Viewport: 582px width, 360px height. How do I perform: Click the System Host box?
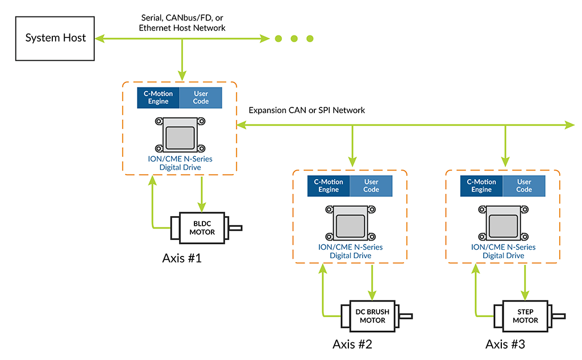click(55, 38)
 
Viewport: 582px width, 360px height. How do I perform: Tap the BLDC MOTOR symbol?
click(202, 227)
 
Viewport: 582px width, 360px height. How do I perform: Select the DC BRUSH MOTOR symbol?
click(372, 316)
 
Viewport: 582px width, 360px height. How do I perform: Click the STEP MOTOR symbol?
click(525, 316)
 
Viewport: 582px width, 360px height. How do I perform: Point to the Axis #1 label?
click(182, 259)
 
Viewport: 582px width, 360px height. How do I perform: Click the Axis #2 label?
click(352, 345)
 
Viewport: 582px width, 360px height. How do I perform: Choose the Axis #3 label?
click(505, 345)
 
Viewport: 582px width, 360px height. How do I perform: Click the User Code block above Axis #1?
click(201, 97)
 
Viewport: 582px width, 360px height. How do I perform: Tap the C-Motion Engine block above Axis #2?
click(328, 186)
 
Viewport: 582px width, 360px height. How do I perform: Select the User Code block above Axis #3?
click(523, 186)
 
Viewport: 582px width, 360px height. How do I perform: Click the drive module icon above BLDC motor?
click(180, 135)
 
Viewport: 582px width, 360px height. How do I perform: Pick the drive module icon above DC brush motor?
click(350, 223)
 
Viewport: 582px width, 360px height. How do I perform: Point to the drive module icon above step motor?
click(503, 223)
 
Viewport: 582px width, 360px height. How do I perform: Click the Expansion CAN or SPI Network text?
click(307, 110)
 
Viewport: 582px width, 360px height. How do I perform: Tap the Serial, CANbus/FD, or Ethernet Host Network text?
click(182, 23)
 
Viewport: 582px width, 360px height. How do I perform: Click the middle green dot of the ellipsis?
click(294, 39)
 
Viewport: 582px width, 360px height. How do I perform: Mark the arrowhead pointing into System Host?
click(99, 39)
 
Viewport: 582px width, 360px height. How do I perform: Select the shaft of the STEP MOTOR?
click(560, 316)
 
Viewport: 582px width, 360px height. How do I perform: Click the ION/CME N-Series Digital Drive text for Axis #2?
click(350, 251)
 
